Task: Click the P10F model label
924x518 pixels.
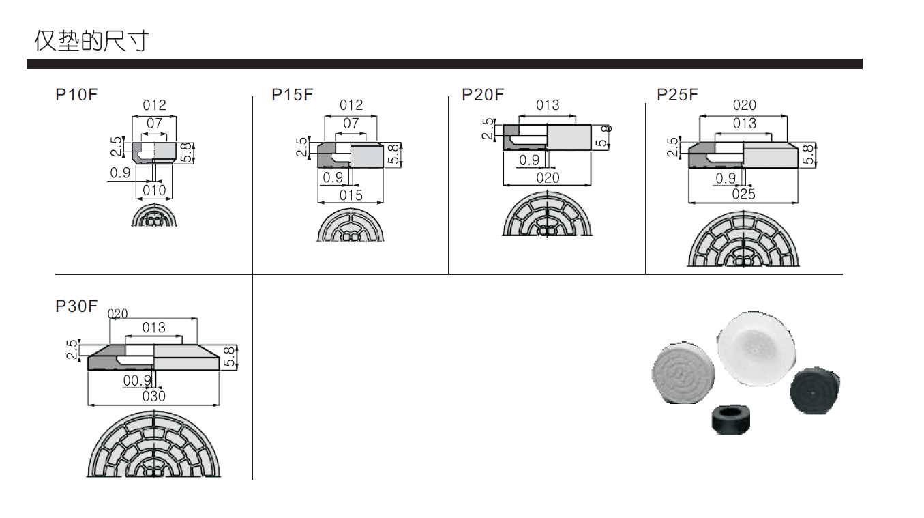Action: click(76, 95)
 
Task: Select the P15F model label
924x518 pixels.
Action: click(293, 95)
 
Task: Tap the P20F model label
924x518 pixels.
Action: click(483, 95)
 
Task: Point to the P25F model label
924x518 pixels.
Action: click(678, 95)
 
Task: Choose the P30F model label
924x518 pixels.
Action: click(76, 306)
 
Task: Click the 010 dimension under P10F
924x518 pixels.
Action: click(154, 190)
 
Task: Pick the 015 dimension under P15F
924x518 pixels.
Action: click(351, 195)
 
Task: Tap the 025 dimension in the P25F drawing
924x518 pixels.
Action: click(743, 194)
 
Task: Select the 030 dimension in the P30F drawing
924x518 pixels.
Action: click(153, 397)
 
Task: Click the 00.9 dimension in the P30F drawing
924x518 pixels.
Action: click(137, 381)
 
